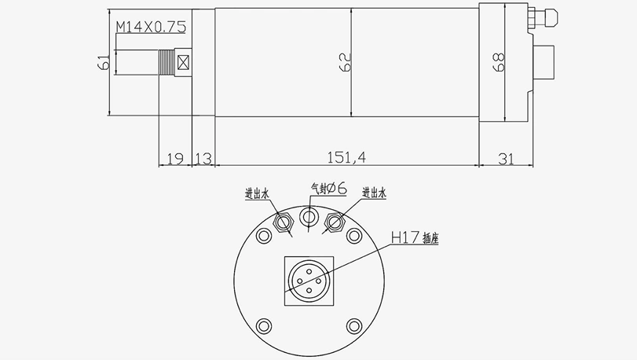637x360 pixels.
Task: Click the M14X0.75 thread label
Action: point(151,28)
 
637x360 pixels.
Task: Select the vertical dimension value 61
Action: point(103,63)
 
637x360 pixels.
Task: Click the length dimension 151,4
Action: point(346,157)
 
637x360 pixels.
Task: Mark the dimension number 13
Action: point(203,158)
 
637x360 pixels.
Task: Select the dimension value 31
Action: point(506,158)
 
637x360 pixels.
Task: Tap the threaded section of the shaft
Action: point(167,63)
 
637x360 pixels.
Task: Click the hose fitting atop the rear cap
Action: point(544,18)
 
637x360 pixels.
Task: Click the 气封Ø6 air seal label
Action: point(329,188)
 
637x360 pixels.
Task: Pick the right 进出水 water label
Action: point(375,193)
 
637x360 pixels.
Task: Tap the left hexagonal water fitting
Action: point(282,222)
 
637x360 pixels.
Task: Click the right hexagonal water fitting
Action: point(336,222)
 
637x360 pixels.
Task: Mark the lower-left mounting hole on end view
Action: point(264,324)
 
